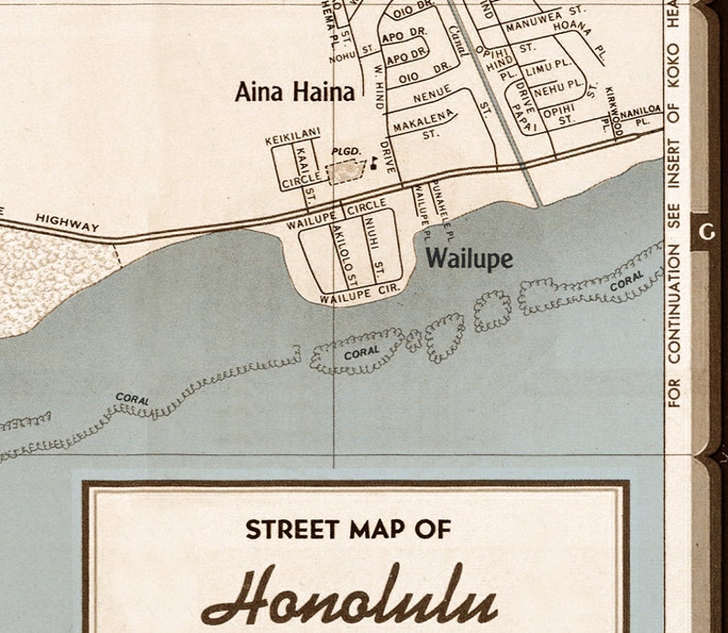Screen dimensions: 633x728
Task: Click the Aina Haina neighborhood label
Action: (x=294, y=92)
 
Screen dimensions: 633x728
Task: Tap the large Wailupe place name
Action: (x=469, y=259)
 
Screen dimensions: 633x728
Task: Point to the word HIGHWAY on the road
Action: (x=66, y=222)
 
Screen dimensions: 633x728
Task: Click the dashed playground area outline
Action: (x=346, y=171)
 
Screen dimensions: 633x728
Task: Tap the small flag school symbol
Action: (x=373, y=163)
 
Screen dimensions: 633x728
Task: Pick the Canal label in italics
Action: (x=459, y=41)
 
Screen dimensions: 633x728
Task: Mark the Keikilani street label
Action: (x=292, y=140)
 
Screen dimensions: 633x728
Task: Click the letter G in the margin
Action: (x=706, y=232)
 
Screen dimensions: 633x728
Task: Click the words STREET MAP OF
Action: (x=347, y=529)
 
